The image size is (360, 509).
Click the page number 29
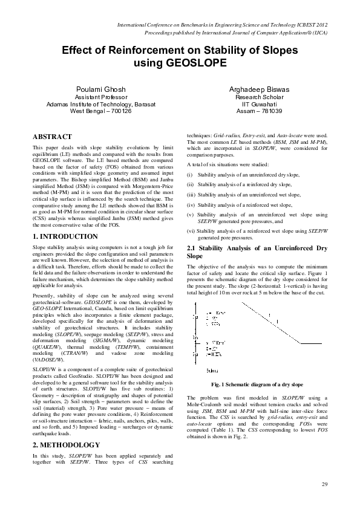(324, 484)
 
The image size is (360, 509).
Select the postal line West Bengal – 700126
(100, 111)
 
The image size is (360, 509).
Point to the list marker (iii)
(192, 195)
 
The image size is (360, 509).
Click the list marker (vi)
(191, 230)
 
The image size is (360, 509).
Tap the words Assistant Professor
(100, 97)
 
